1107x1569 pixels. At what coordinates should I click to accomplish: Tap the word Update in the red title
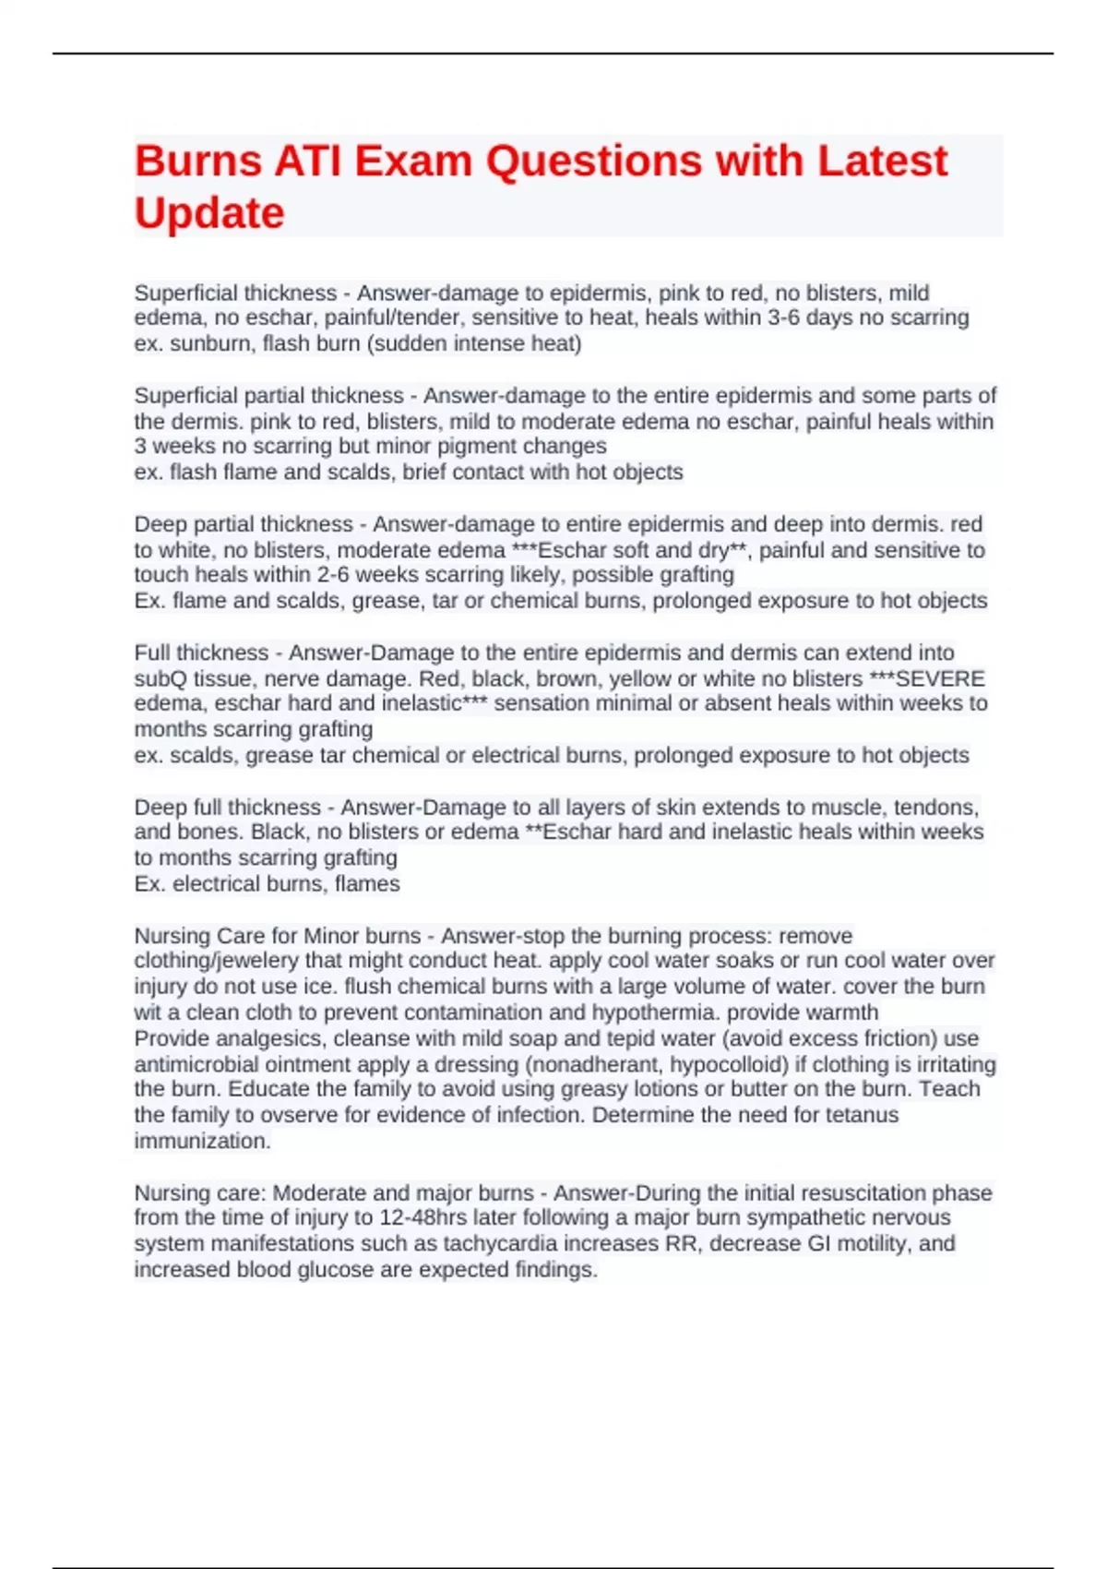point(209,213)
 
